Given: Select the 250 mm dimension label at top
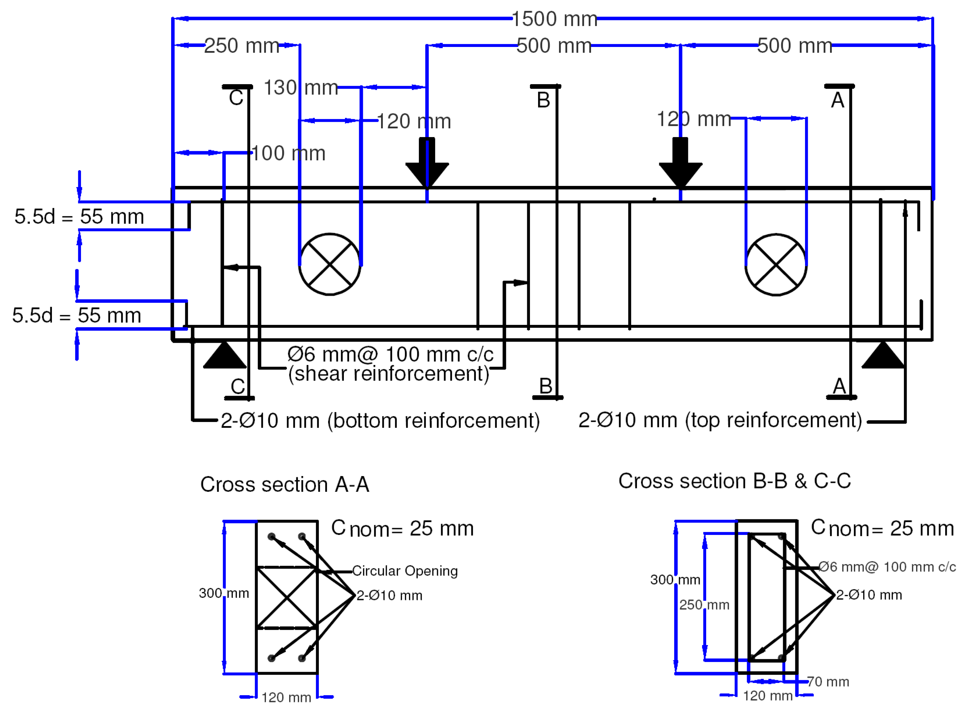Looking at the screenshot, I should click(x=242, y=46).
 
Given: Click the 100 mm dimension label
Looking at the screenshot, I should click(x=288, y=153).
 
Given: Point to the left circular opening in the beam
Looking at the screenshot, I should click(x=330, y=265).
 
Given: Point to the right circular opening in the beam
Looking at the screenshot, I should click(x=776, y=265).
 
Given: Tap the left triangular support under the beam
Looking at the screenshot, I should click(x=224, y=357).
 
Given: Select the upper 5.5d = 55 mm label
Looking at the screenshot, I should click(x=79, y=217).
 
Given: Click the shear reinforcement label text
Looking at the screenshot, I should click(x=389, y=364).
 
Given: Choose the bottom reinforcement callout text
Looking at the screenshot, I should click(x=380, y=420).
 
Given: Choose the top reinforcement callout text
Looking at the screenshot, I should click(x=720, y=420).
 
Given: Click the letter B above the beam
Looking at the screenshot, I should click(x=543, y=100).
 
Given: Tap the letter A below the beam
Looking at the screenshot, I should click(x=839, y=386).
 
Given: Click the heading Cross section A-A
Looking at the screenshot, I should click(x=285, y=485).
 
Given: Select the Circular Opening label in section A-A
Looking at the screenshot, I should click(x=405, y=571).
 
